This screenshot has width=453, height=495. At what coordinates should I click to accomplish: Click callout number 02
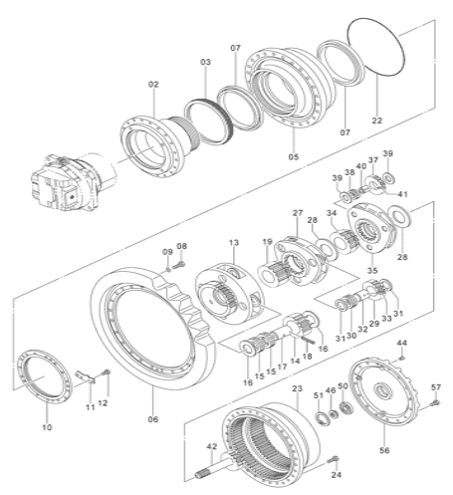(x=153, y=85)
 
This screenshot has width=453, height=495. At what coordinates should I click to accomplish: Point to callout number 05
(x=293, y=156)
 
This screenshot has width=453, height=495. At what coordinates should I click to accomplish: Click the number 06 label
(x=153, y=419)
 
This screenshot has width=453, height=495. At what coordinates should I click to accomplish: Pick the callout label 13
(x=232, y=242)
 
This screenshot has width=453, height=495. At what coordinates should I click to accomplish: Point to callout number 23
(x=297, y=387)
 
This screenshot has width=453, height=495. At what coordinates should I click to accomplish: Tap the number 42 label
(x=211, y=447)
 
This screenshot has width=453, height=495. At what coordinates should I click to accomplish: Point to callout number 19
(x=267, y=242)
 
